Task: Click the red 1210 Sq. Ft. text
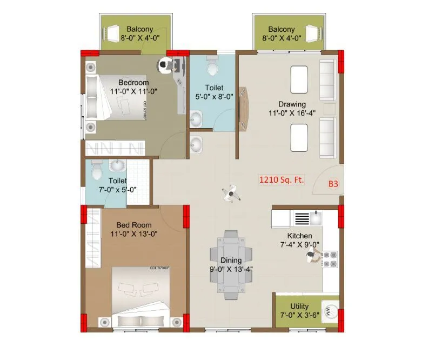(280, 179)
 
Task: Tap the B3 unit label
(333, 184)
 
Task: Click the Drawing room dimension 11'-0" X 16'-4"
(292, 114)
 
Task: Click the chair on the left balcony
(113, 34)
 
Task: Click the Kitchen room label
(299, 236)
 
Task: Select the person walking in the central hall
(231, 192)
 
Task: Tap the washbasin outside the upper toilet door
(196, 144)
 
